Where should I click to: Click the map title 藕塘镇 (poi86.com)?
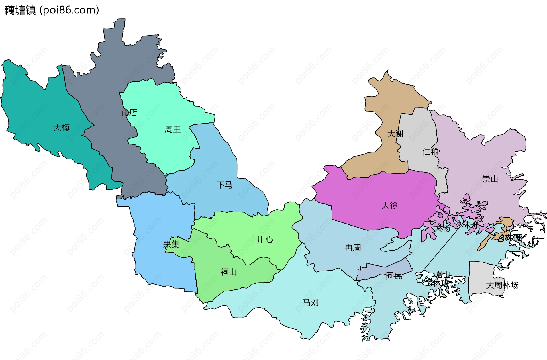pos(52,10)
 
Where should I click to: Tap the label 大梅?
pos(61,127)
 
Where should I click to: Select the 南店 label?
pos(129,113)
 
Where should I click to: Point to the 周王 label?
pos(173,129)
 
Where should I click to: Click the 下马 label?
pos(224,185)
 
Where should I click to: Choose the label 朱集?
pos(171,244)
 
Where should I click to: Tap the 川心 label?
pos(265,240)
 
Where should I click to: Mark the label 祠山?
pos(228,272)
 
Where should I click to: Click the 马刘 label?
pos(310,302)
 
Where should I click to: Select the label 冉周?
pos(353,248)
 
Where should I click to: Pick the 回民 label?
pos(394,275)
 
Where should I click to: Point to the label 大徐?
pos(389,205)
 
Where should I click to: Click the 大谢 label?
pos(395,134)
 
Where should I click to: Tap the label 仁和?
pos(430,152)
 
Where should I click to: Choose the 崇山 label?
pos(490,179)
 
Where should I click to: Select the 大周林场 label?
pos(502,285)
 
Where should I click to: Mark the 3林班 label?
pos(512,237)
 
